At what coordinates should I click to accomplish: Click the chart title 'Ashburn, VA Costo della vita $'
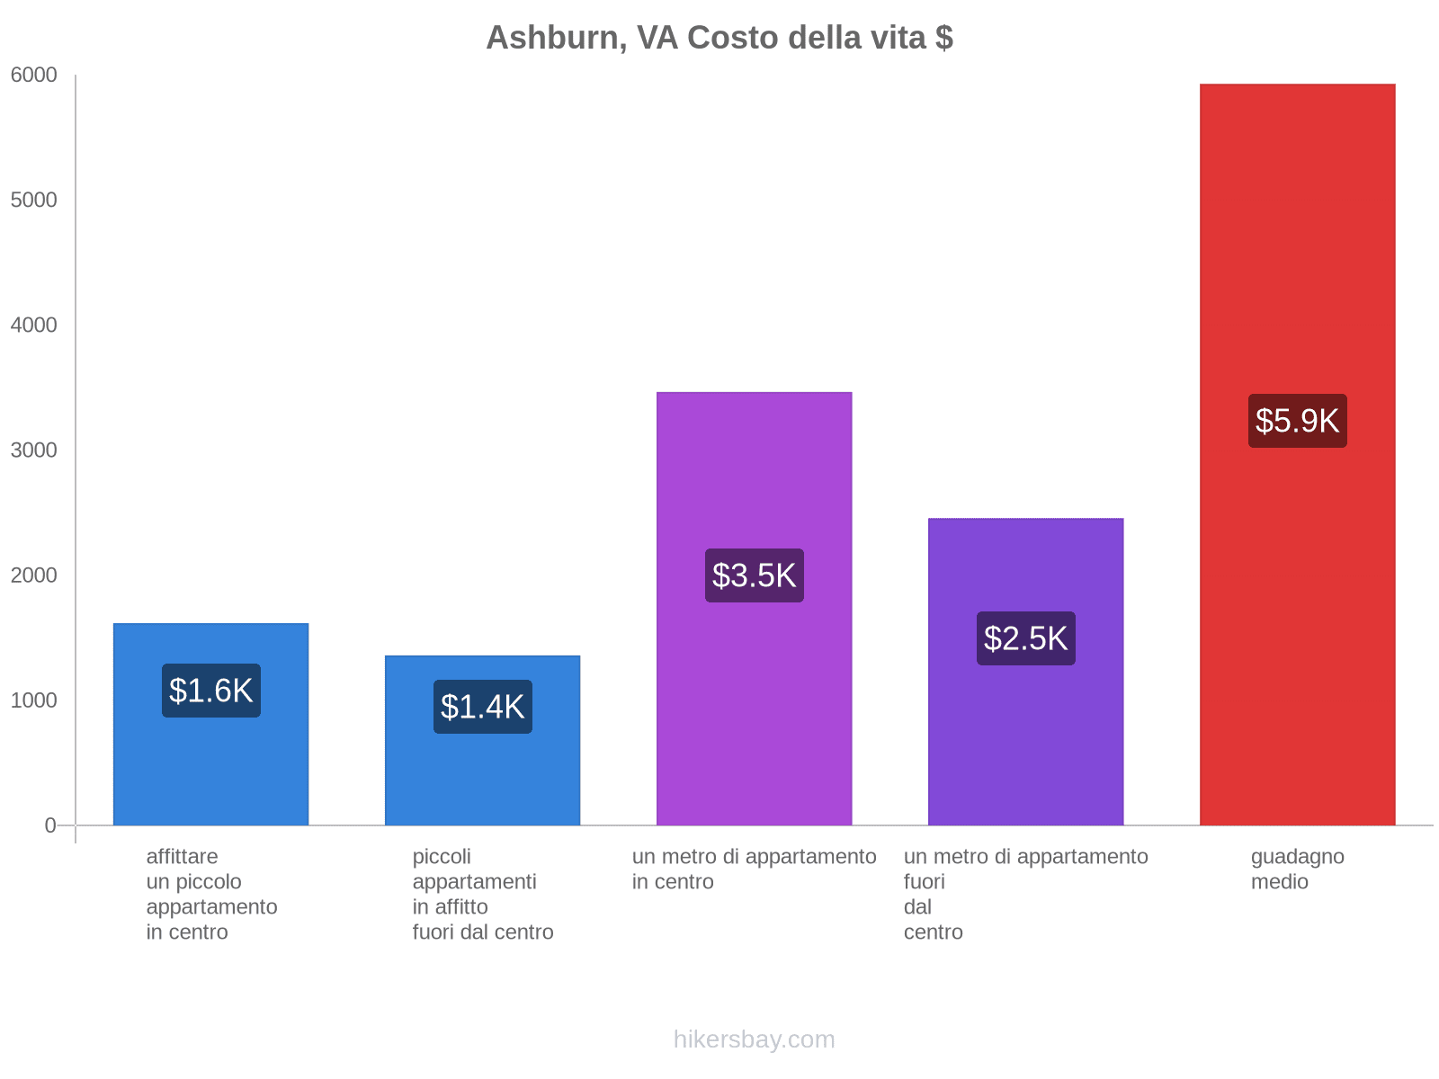coord(719,38)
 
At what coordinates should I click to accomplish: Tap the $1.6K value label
coord(211,691)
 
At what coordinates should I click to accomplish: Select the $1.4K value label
coord(483,707)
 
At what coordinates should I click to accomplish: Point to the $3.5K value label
coord(754,575)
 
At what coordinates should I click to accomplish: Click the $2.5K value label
coord(1025,638)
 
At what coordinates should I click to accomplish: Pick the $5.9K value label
coord(1297,421)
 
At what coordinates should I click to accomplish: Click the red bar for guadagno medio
coord(1297,225)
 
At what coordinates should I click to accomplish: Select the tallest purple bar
coord(754,468)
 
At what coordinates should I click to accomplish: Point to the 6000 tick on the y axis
coord(34,76)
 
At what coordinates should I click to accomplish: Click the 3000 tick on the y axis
coord(34,450)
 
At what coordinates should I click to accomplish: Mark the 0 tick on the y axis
coord(50,825)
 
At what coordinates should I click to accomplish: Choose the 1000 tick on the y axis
coord(34,700)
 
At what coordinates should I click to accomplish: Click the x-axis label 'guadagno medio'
coord(1297,869)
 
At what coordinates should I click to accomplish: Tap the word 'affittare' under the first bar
coord(182,857)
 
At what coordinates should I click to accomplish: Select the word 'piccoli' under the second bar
coord(442,857)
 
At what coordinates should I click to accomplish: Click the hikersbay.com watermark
coord(754,1039)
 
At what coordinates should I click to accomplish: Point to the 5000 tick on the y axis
coord(34,201)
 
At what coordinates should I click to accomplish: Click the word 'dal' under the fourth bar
coord(917,907)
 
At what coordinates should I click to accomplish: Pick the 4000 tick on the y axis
coord(34,325)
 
